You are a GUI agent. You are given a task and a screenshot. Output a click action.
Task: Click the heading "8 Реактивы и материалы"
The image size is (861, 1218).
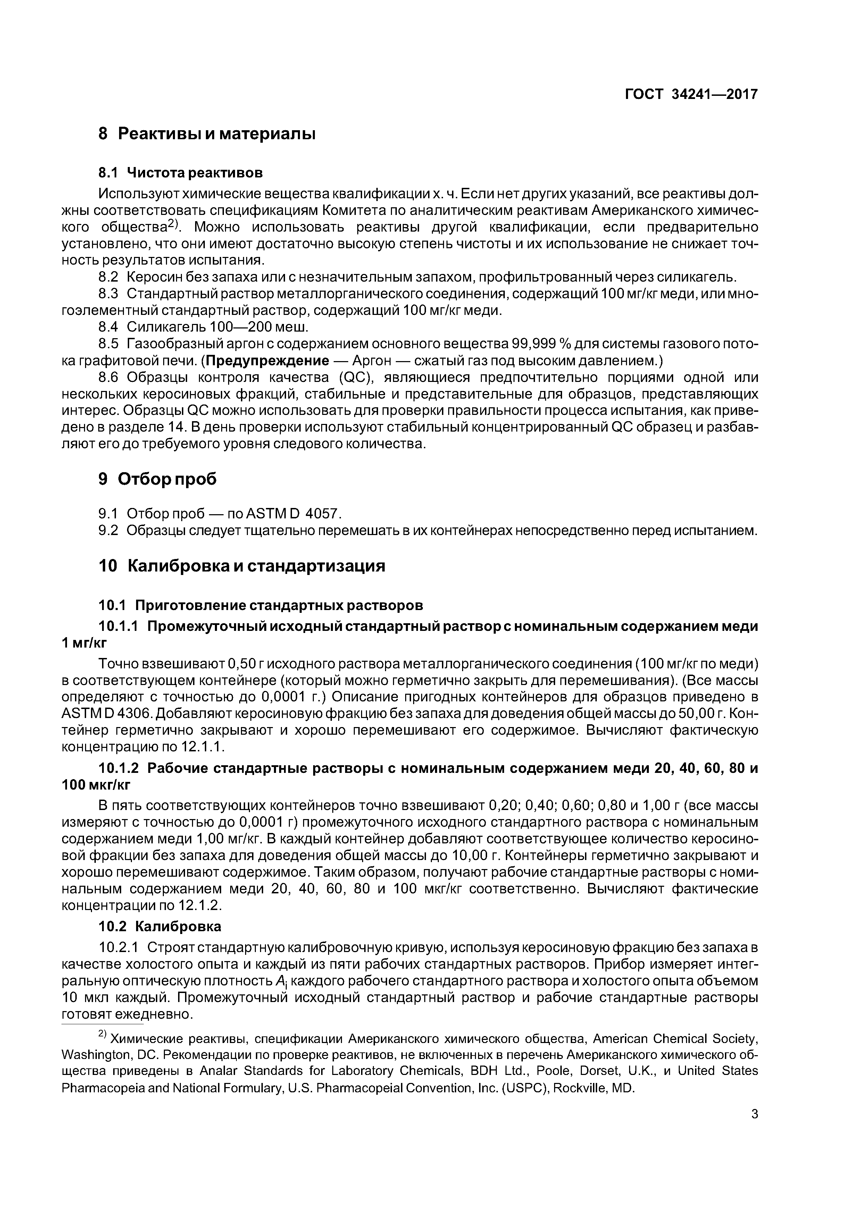point(207,134)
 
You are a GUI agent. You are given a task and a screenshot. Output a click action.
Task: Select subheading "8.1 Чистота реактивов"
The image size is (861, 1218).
point(181,173)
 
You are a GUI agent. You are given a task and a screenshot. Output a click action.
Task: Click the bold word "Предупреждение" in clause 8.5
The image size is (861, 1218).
point(267,361)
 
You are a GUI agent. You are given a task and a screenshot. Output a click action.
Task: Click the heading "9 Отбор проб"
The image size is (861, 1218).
point(158,479)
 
